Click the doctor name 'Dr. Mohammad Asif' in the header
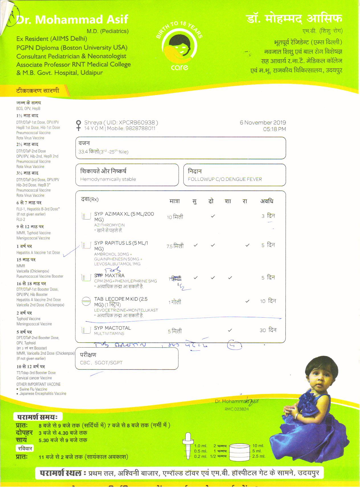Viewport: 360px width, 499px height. [72, 20]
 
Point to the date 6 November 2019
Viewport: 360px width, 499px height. [263, 123]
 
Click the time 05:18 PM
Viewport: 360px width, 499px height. [274, 129]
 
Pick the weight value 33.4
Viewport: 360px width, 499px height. [83, 152]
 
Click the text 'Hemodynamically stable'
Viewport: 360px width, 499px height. [108, 179]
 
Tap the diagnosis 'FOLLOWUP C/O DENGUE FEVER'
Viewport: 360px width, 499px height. [225, 179]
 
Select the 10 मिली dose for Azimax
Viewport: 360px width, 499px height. [175, 217]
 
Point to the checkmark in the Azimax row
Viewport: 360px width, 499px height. [213, 216]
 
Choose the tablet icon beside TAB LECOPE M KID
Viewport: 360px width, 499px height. [86, 301]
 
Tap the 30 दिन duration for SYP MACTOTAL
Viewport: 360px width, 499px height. [268, 330]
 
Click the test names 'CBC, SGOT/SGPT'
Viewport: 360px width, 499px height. [101, 363]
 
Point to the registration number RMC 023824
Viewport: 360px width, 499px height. [236, 409]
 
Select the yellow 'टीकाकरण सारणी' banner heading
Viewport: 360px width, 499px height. [38, 91]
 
